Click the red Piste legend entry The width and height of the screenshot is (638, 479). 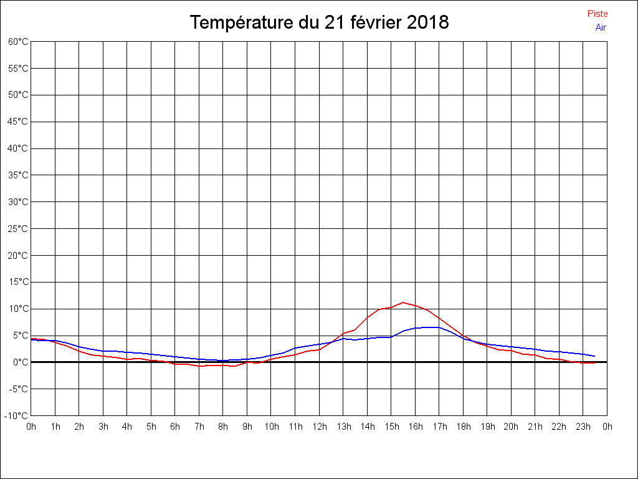click(597, 14)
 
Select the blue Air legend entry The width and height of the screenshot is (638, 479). click(601, 27)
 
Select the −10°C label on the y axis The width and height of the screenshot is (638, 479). click(17, 416)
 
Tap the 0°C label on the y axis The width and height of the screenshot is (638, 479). click(21, 362)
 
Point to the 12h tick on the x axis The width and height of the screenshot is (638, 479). click(319, 427)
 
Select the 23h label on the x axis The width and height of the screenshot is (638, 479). click(583, 427)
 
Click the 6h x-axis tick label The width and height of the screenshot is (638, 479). click(175, 427)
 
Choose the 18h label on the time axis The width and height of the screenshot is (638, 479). click(463, 427)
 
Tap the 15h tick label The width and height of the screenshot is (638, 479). click(391, 427)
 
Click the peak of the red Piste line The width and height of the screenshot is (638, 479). click(403, 302)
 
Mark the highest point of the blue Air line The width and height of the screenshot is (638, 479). click(427, 327)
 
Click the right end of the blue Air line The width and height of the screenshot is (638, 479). click(595, 356)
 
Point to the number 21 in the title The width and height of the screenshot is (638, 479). click(334, 22)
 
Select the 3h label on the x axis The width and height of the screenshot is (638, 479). click(103, 427)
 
